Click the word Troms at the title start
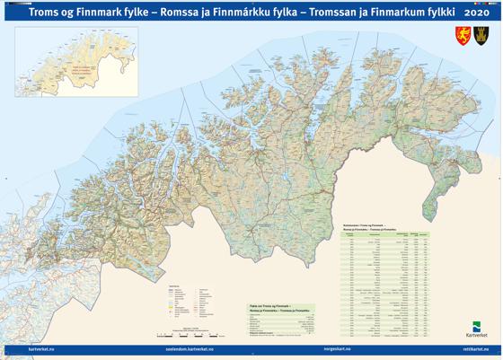44,13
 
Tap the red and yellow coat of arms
463,36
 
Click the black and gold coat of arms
481,36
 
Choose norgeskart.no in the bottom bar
337,348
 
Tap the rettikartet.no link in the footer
476,348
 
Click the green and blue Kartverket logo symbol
477,328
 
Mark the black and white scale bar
192,335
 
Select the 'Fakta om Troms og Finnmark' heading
270,306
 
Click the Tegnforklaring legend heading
174,287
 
